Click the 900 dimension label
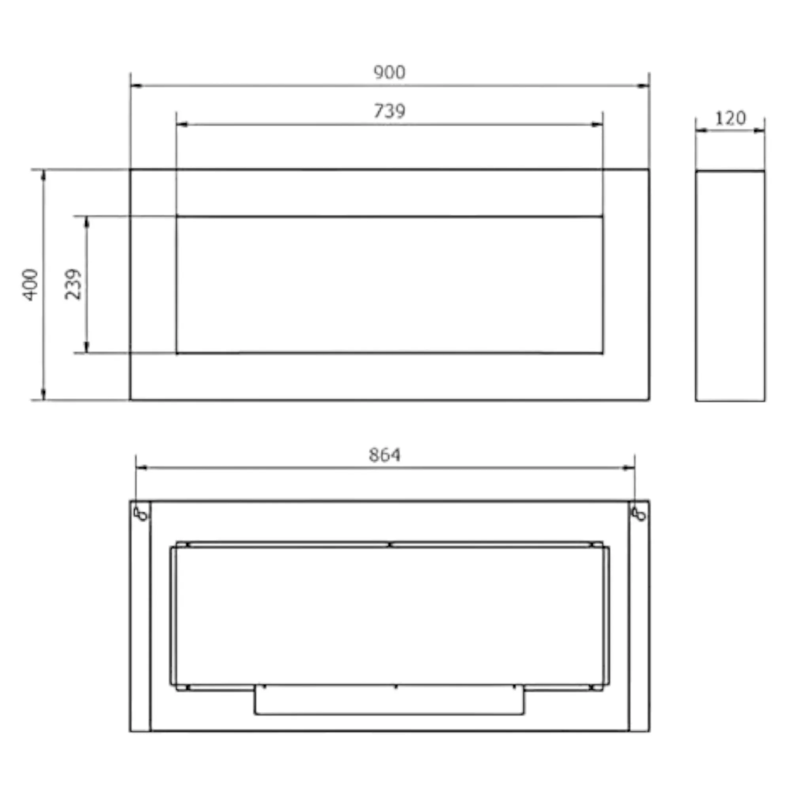389,72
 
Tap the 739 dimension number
389,111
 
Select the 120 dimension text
730,118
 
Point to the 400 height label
31,285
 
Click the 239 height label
73,284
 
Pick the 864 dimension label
384,455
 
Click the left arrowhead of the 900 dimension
136,86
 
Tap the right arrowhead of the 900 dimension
643,86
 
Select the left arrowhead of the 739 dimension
182,125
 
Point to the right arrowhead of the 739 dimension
597,125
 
